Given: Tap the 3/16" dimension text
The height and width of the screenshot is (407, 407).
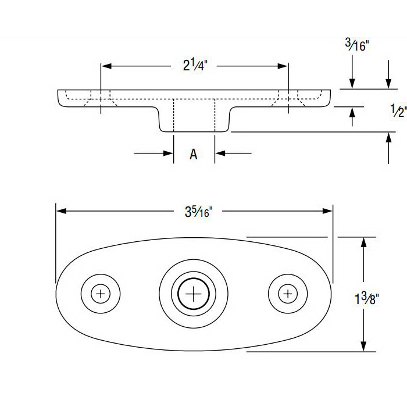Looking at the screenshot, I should [357, 45].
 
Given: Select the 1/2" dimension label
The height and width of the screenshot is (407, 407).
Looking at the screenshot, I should [398, 110].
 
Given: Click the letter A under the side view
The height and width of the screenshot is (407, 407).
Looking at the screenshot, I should [194, 154].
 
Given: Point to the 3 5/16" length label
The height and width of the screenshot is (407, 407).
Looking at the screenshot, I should [195, 212].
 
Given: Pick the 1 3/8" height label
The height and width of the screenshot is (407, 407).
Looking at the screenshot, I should [366, 299].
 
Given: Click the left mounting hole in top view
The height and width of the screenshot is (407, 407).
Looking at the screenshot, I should [101, 294].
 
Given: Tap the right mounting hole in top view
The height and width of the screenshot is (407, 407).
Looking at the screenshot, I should [287, 294].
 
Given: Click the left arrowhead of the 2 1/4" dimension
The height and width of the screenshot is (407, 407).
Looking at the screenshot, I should [106, 66].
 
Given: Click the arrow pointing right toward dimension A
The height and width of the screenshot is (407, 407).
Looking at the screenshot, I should [169, 153].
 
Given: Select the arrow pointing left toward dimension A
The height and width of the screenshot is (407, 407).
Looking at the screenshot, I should [220, 153].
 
